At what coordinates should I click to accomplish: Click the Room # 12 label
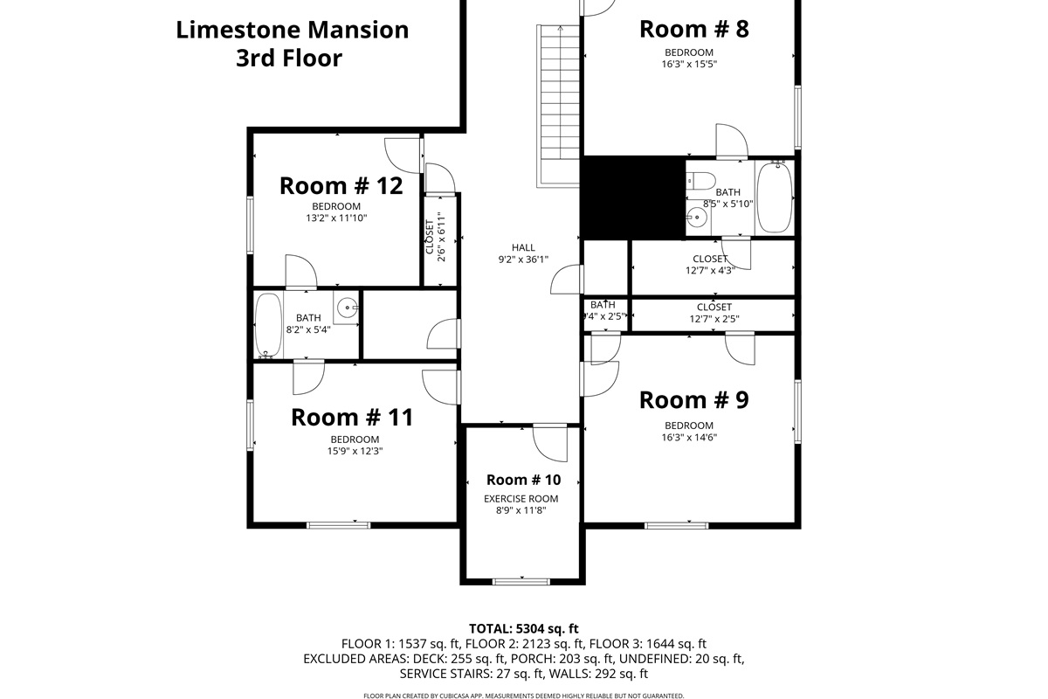coord(341,186)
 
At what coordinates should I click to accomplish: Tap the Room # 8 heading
coord(693,29)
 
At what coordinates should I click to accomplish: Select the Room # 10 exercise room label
coord(522,480)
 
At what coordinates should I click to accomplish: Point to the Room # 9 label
coord(693,400)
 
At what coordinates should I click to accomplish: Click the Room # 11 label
coord(352,418)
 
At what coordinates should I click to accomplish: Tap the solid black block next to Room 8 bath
coord(632,197)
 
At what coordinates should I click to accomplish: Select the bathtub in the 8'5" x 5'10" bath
coord(774,198)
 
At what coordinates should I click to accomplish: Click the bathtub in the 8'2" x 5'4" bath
coord(268,325)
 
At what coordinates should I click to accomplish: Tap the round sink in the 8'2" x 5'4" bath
coord(348,307)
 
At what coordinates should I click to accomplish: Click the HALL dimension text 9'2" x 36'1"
coord(522,260)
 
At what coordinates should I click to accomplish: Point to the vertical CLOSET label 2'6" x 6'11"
coord(435,238)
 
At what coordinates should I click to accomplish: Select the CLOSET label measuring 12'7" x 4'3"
coord(712,264)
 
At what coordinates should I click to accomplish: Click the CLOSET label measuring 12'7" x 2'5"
coord(714,313)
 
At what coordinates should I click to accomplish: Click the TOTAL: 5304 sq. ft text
coord(523,628)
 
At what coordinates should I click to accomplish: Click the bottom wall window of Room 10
coord(521,581)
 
